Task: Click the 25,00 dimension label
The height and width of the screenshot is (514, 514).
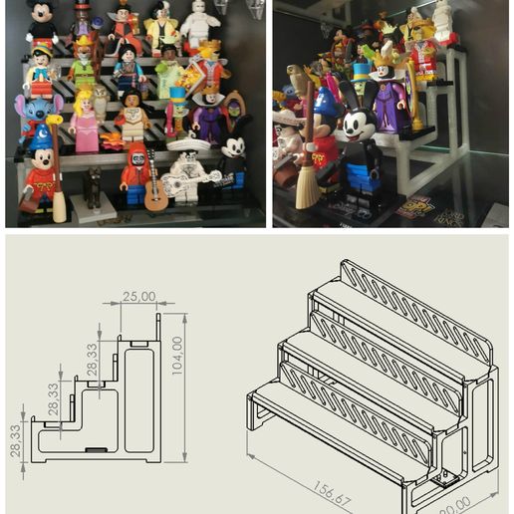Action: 138,296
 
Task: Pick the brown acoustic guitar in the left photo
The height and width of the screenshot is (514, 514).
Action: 155,192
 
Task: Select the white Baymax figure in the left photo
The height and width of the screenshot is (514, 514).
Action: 200,25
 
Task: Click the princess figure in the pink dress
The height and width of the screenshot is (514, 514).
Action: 87,125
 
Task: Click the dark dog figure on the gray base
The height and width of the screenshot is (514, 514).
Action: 92,186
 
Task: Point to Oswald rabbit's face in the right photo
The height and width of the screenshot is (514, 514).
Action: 353,125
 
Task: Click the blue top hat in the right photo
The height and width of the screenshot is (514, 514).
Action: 360,72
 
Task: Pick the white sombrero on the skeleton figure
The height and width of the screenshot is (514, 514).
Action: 186,145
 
